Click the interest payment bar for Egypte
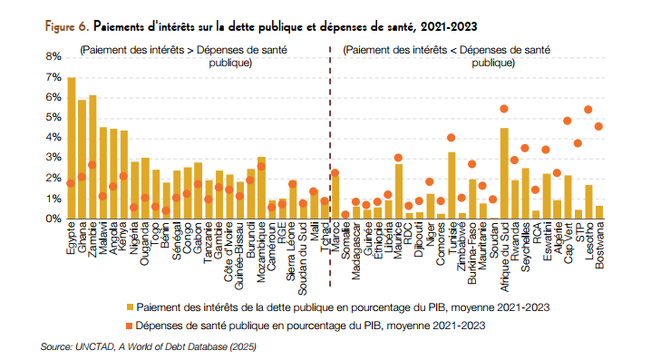[x=72, y=148]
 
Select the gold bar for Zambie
[x=92, y=157]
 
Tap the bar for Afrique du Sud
[x=504, y=173]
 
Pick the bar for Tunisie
[x=452, y=185]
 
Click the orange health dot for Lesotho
[x=588, y=110]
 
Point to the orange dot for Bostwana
[x=598, y=126]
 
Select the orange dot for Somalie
[x=345, y=215]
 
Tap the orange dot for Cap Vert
[x=568, y=121]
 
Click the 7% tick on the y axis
[x=54, y=77]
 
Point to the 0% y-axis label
[x=54, y=219]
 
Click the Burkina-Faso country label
[x=472, y=253]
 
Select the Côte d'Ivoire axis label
[x=228, y=252]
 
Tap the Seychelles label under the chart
[x=525, y=247]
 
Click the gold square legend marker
[x=130, y=307]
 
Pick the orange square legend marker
[x=129, y=326]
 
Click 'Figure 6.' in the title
[x=67, y=26]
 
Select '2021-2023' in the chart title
[x=449, y=26]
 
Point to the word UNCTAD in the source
[x=94, y=346]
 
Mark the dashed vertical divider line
[x=330, y=166]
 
